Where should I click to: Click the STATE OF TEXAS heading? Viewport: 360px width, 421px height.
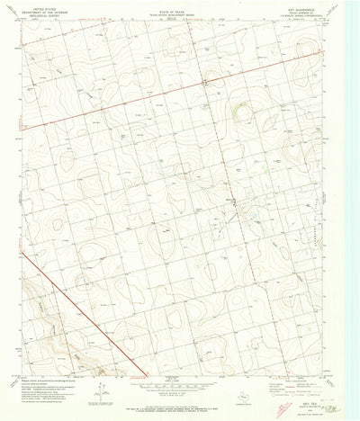(177, 8)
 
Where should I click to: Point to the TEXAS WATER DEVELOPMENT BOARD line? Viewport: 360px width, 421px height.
(177, 12)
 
